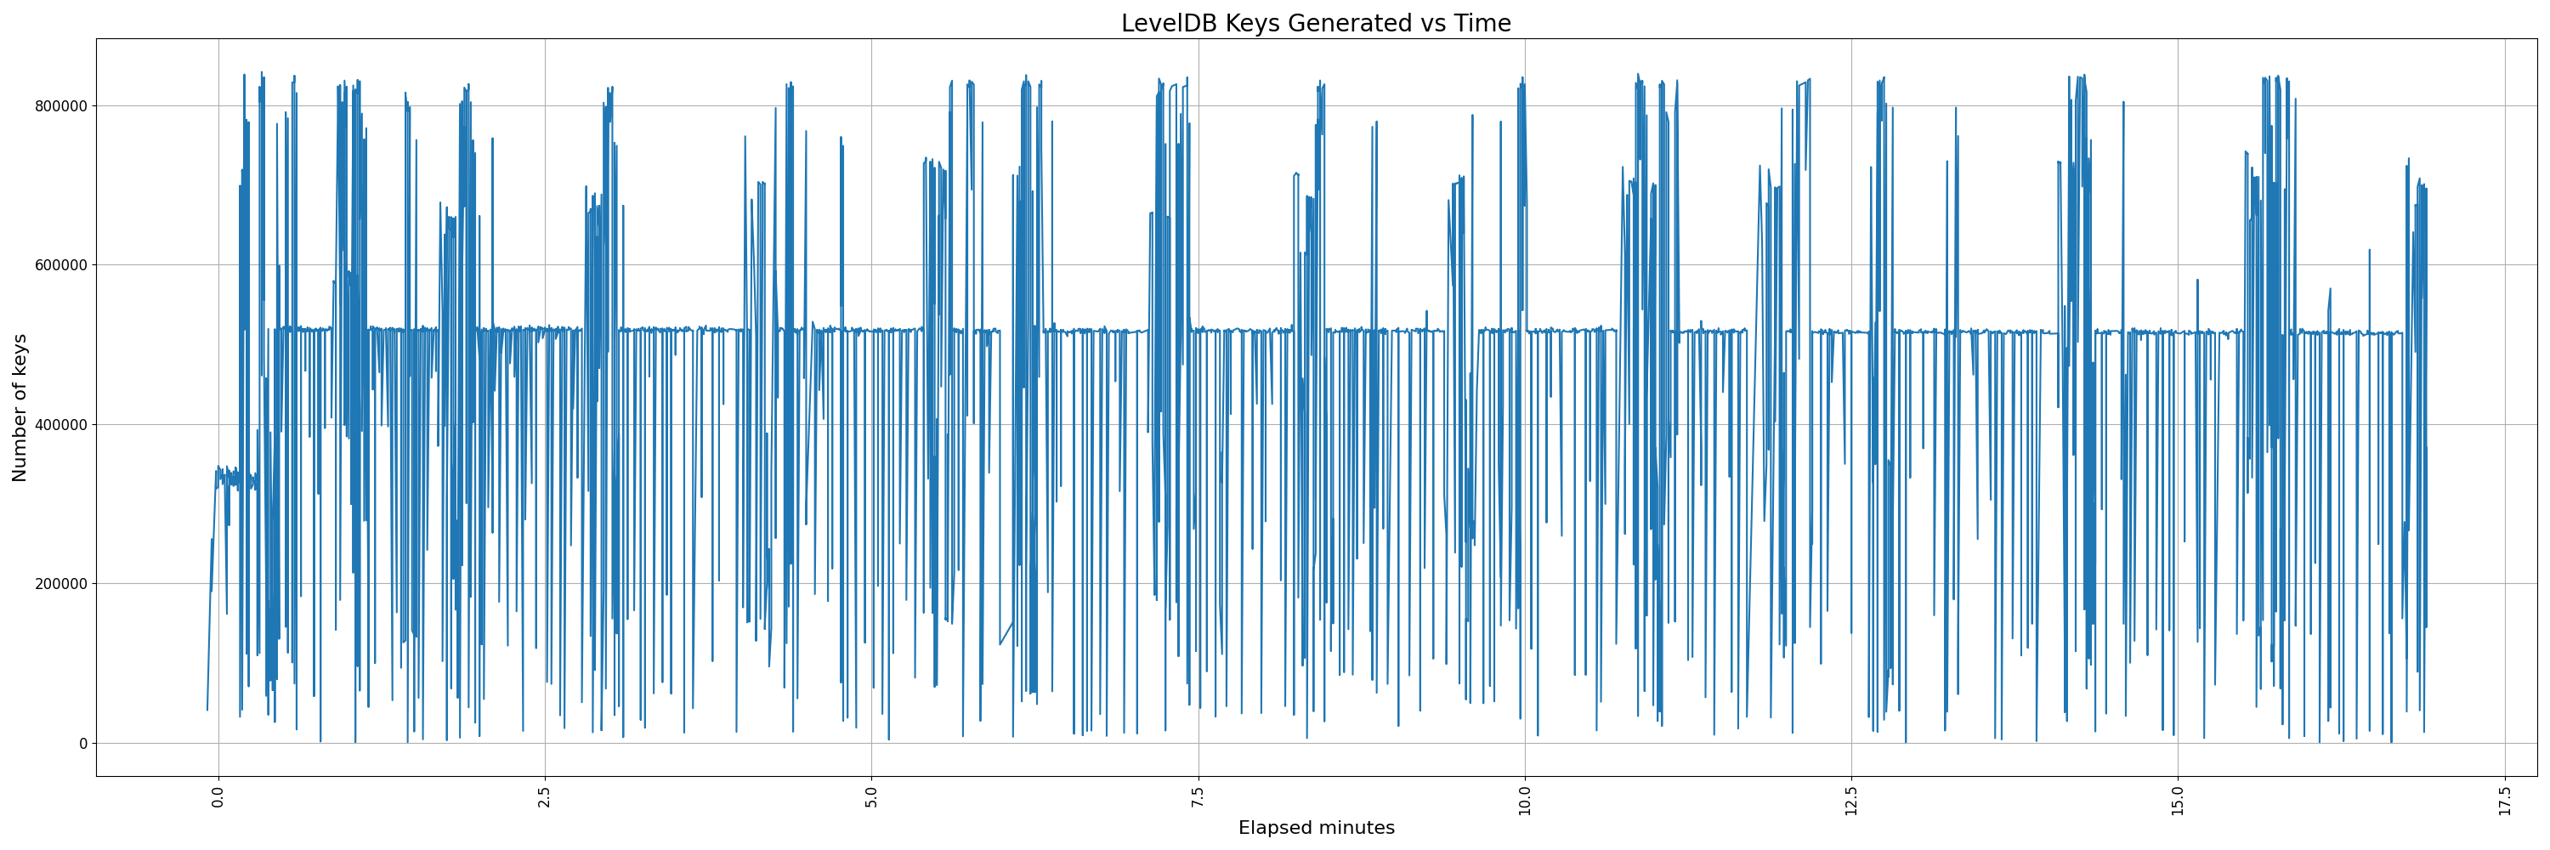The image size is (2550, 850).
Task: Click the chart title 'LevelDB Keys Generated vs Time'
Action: [x=1316, y=24]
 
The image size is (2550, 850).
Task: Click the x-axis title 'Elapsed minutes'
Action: [x=1316, y=828]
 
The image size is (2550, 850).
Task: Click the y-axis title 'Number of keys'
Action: [x=20, y=408]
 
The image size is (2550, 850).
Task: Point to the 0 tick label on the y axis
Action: [x=83, y=743]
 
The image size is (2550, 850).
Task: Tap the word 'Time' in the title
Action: [x=1482, y=24]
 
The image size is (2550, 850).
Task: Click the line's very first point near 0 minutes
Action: [x=207, y=710]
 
